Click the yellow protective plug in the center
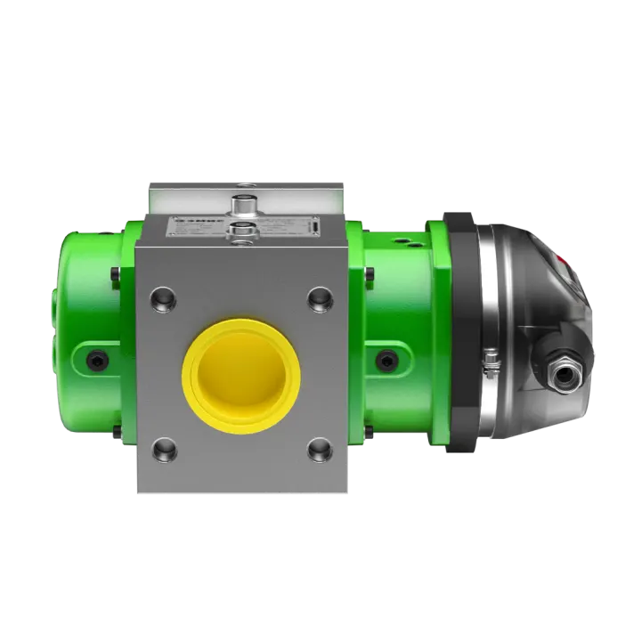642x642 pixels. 240,375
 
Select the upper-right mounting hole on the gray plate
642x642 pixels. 319,297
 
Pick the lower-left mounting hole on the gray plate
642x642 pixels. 163,451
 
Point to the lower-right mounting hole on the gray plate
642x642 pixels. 319,451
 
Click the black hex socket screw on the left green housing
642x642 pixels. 96,361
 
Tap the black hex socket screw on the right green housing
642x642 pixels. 386,361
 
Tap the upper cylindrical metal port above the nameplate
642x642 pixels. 240,205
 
